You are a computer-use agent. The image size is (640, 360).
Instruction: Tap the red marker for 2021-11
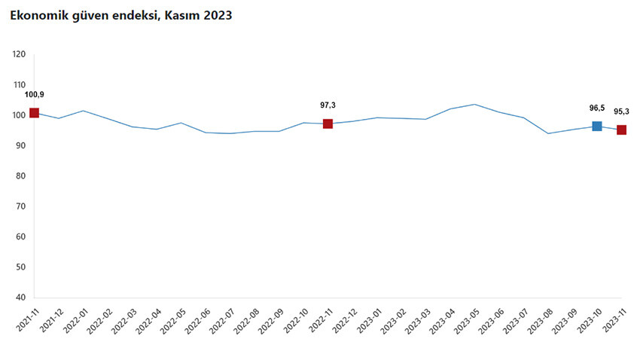[x=34, y=113]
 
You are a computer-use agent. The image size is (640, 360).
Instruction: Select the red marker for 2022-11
[x=328, y=124]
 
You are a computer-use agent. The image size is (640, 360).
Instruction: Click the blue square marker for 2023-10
[x=597, y=126]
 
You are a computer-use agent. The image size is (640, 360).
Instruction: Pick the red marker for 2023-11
[x=621, y=130]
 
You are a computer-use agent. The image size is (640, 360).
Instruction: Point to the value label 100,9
[x=35, y=95]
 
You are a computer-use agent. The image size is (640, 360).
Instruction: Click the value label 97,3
[x=328, y=105]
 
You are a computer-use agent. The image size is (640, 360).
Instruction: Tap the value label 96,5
[x=597, y=108]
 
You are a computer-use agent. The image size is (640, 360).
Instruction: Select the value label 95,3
[x=622, y=111]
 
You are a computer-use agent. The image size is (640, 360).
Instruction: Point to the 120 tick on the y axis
[x=20, y=54]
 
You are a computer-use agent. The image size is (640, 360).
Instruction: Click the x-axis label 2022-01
[x=76, y=320]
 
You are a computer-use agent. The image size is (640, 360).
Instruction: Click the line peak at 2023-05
[x=474, y=104]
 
